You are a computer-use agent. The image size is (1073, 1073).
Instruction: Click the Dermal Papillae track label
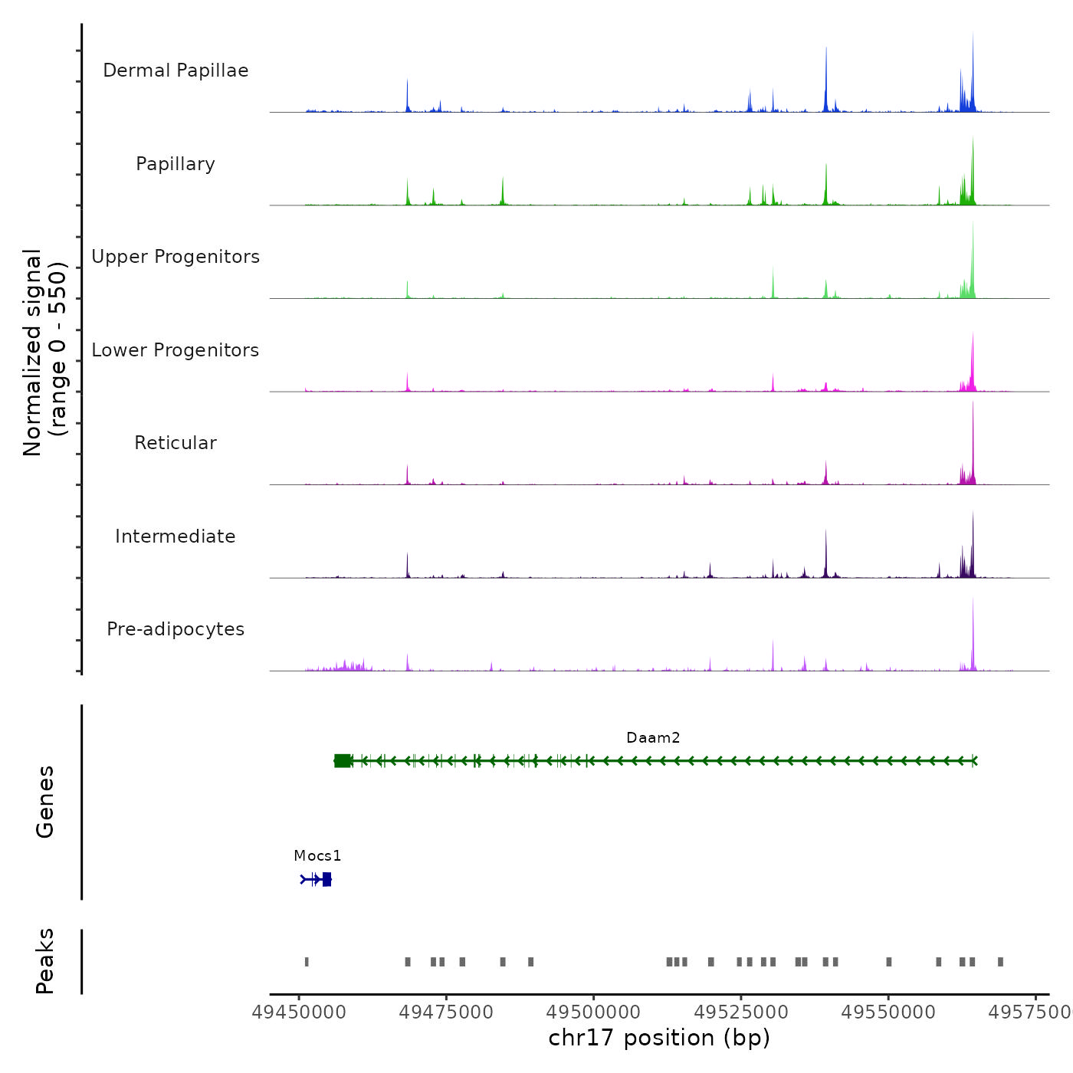[176, 71]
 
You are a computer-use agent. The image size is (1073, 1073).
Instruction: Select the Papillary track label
[176, 164]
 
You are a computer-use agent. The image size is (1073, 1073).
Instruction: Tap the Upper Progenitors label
[176, 257]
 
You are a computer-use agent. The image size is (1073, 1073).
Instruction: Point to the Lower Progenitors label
[176, 350]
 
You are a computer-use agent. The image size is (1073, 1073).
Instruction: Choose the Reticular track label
[176, 443]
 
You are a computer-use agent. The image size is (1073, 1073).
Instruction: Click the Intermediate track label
[176, 536]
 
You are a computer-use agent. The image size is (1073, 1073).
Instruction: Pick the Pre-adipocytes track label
[176, 629]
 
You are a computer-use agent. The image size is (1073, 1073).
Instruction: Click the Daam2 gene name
[653, 737]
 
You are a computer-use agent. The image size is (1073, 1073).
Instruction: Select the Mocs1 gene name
[317, 855]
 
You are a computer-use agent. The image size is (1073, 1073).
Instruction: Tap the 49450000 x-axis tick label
[299, 1012]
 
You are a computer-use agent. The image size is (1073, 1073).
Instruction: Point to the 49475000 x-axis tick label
[446, 1012]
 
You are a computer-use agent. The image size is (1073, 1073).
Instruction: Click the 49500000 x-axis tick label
[594, 1012]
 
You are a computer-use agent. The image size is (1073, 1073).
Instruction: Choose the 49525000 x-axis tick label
[741, 1012]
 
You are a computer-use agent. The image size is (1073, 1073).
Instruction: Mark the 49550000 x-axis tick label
[888, 1012]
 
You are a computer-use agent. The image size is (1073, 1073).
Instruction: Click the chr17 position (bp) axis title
[659, 1038]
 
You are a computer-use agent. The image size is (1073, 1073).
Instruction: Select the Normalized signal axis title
[44, 352]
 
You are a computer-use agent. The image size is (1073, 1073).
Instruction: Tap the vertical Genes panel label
[45, 802]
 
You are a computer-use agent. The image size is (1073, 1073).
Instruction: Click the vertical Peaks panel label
[45, 961]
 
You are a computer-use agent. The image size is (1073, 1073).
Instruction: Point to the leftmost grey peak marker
[307, 962]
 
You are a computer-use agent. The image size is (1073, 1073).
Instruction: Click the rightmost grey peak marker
[1000, 962]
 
